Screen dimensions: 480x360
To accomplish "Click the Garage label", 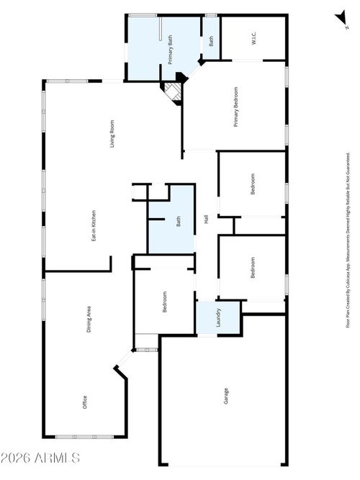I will click(225, 397).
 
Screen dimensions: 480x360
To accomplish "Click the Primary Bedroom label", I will click(235, 107).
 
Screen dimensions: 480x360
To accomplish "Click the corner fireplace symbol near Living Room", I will click(171, 92).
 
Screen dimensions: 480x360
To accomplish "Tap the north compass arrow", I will click(338, 18).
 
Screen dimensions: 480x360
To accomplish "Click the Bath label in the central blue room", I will click(179, 222).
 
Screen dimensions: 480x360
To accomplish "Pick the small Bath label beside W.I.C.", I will click(211, 42).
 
